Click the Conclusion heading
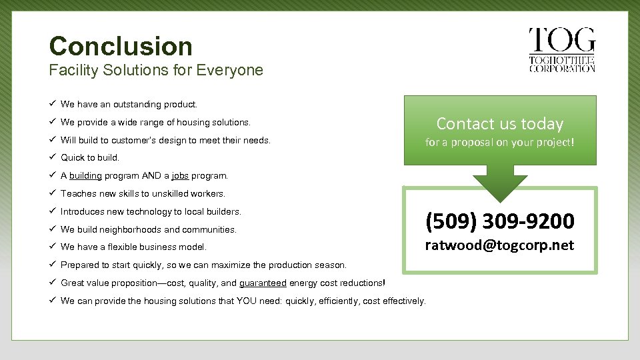121,46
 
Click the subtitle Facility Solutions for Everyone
156,70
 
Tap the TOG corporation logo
561,50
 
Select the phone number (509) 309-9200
500,220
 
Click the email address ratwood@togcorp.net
500,245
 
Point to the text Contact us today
500,123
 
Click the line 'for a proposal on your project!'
500,143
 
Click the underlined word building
85,176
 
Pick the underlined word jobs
180,176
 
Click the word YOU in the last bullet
248,301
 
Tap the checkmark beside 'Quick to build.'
52,158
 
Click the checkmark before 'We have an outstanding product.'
52,104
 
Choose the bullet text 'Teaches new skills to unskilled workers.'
143,194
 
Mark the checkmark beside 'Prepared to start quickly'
52,265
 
